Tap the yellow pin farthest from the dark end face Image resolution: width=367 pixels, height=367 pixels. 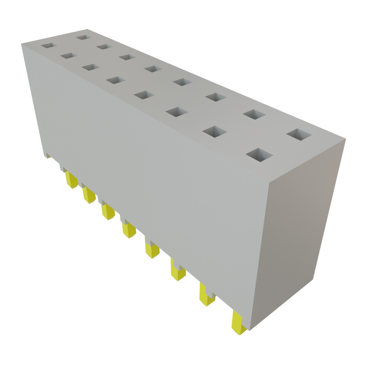[x=71, y=180]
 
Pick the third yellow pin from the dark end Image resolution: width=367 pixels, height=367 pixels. [x=177, y=271]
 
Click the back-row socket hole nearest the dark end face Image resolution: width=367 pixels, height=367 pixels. [x=299, y=134]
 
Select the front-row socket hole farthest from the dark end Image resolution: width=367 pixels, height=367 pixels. [x=48, y=46]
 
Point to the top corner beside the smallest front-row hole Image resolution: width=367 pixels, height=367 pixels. [x=21, y=43]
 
